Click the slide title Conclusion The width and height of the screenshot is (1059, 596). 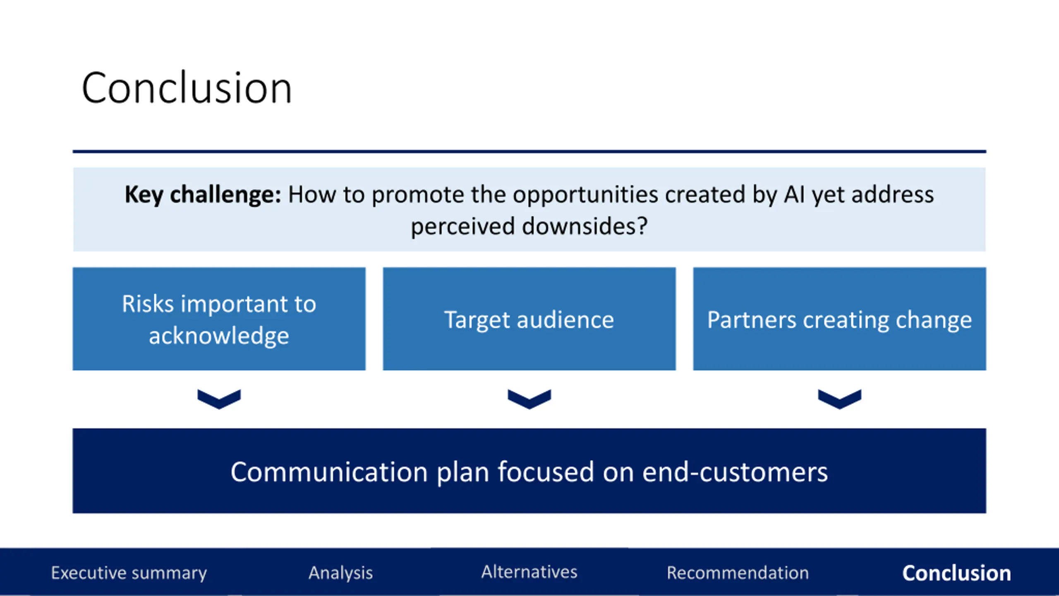click(x=187, y=88)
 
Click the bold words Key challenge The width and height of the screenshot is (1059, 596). click(x=202, y=195)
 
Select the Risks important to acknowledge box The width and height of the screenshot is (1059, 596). click(x=219, y=319)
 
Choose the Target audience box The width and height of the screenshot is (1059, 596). click(x=529, y=319)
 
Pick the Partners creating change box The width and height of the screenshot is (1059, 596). click(x=839, y=319)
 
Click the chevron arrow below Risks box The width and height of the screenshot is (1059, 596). click(x=219, y=399)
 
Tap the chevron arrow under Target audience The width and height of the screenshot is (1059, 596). click(x=529, y=399)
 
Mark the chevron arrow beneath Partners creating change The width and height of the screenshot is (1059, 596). click(x=839, y=399)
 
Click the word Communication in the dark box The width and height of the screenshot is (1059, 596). click(x=329, y=472)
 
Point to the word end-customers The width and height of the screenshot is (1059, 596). click(x=735, y=472)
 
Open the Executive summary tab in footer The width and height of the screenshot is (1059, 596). click(x=129, y=573)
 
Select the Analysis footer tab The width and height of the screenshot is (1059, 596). click(x=340, y=573)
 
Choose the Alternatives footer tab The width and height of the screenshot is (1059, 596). click(x=529, y=572)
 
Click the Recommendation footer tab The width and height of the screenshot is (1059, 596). click(x=738, y=573)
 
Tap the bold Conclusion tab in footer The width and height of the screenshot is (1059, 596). click(x=956, y=573)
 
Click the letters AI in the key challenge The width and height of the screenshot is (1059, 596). click(x=794, y=195)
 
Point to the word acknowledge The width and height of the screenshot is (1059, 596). click(x=219, y=335)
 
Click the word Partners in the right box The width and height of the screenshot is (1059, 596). click(x=751, y=320)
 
